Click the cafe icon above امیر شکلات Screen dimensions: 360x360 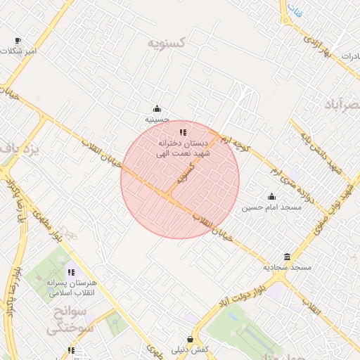click(x=18, y=40)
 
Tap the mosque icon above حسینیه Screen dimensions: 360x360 click(x=157, y=108)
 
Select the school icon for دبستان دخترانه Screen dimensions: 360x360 click(x=183, y=131)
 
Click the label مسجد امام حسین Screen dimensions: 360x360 click(x=271, y=207)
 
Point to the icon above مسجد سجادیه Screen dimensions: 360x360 click(x=287, y=257)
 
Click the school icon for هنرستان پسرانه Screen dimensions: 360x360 click(x=70, y=271)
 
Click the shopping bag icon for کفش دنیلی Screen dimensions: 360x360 click(x=190, y=339)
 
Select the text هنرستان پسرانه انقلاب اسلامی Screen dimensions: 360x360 click(x=70, y=288)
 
